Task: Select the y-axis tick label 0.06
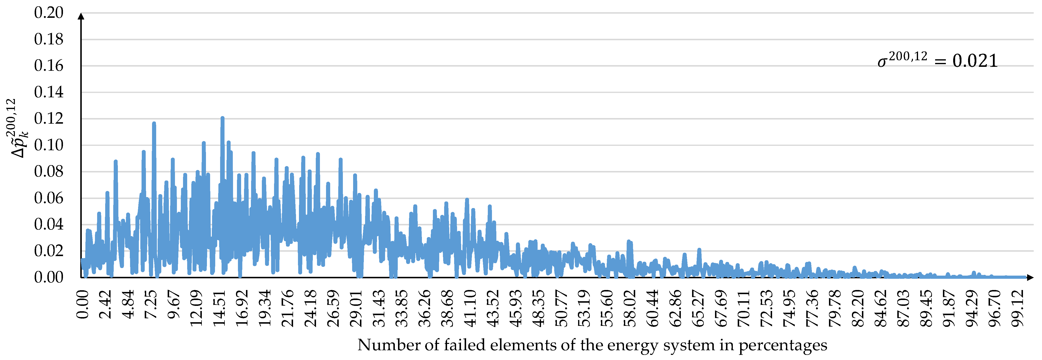pyautogui.click(x=49, y=198)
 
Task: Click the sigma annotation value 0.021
pyautogui.click(x=975, y=61)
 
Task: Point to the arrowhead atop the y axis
pyautogui.click(x=81, y=16)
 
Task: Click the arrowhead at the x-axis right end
pyautogui.click(x=1030, y=278)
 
